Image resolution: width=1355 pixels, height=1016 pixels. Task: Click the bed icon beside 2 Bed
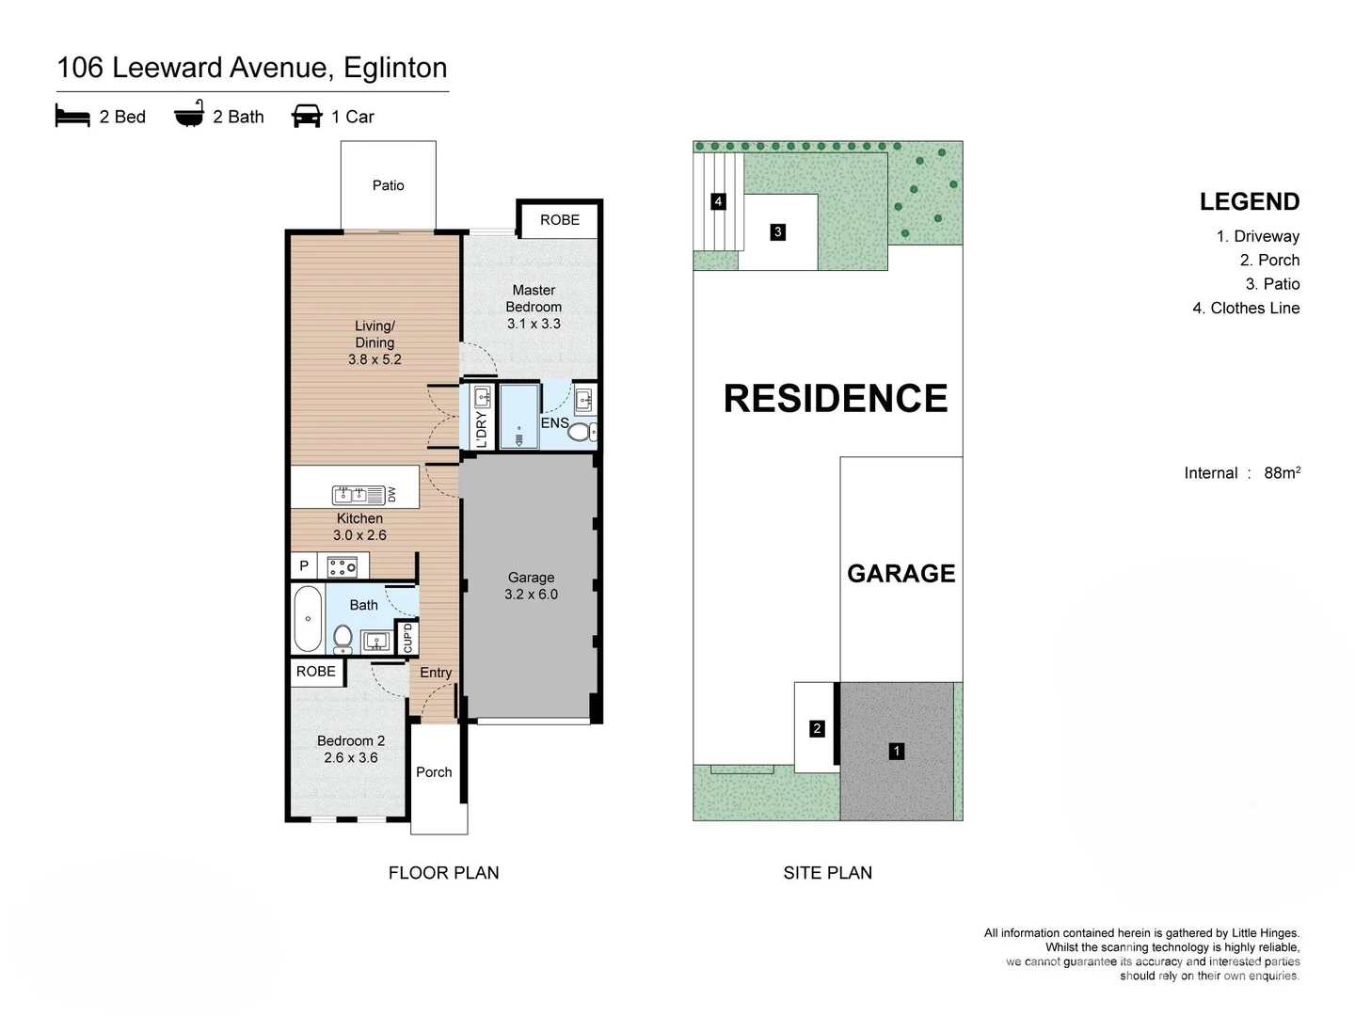pyautogui.click(x=72, y=116)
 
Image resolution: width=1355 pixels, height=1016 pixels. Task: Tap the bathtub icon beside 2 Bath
pyautogui.click(x=189, y=114)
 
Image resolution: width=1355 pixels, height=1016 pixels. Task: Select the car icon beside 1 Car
pyautogui.click(x=307, y=116)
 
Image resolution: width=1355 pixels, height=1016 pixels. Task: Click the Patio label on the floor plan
pyautogui.click(x=388, y=185)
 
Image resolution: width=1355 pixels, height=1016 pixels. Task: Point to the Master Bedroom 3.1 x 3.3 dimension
pyautogui.click(x=534, y=324)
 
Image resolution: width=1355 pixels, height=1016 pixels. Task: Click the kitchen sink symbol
pyautogui.click(x=350, y=495)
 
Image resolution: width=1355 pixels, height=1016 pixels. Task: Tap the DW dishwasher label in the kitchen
pyautogui.click(x=391, y=494)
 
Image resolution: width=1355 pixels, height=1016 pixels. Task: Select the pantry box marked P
pyautogui.click(x=304, y=565)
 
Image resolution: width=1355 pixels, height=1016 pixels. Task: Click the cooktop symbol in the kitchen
pyautogui.click(x=342, y=566)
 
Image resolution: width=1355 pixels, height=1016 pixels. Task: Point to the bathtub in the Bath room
pyautogui.click(x=308, y=619)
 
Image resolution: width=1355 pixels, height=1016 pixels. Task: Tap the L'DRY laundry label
pyautogui.click(x=482, y=429)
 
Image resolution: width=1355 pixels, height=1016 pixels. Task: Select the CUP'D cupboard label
pyautogui.click(x=407, y=638)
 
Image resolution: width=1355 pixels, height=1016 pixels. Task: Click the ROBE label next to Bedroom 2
pyautogui.click(x=315, y=671)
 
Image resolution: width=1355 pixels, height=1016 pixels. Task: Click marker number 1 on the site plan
pyautogui.click(x=897, y=751)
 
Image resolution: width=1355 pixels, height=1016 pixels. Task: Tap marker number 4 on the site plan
pyautogui.click(x=718, y=201)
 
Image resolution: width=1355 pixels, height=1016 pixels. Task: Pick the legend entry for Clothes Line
pyautogui.click(x=1246, y=308)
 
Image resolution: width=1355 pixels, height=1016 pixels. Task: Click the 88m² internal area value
pyautogui.click(x=1283, y=472)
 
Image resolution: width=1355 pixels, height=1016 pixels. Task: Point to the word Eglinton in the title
pyautogui.click(x=395, y=68)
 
